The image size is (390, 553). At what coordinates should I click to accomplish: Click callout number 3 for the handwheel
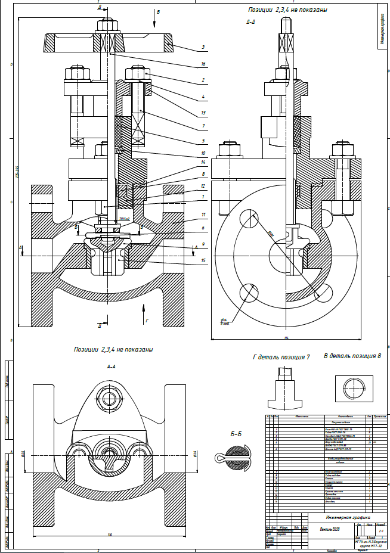point(203,46)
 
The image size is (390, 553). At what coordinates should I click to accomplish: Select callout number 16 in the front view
point(203,63)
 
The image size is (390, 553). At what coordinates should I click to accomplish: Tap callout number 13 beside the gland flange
point(203,112)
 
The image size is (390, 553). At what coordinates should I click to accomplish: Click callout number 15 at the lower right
point(203,260)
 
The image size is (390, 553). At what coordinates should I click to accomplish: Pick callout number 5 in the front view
point(203,141)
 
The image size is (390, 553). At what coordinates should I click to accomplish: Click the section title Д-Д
point(251,23)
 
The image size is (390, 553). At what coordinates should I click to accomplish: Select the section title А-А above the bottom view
point(111,367)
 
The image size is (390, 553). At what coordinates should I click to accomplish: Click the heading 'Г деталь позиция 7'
point(281,357)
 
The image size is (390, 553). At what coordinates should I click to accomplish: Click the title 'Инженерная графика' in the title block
point(343,518)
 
